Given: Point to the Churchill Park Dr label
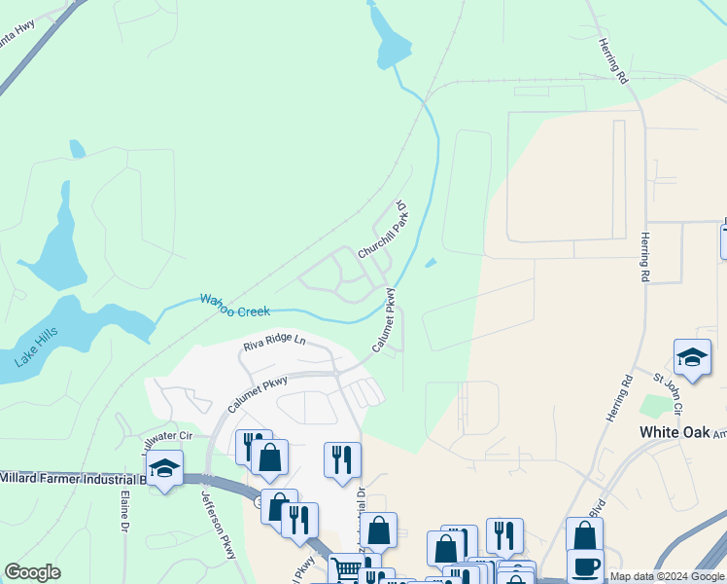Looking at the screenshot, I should tap(382, 230).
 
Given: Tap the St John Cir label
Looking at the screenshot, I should tap(669, 388).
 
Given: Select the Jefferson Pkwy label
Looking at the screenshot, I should tap(219, 522).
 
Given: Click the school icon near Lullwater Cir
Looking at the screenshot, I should tap(165, 470).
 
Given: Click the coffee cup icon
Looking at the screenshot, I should tap(585, 566).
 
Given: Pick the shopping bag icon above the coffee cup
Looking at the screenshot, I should tap(584, 534).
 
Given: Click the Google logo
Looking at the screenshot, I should tap(33, 572).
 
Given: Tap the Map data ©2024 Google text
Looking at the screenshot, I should tap(667, 577).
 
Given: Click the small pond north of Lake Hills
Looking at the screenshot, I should tap(77, 150).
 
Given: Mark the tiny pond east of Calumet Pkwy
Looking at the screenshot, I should tap(431, 261).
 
